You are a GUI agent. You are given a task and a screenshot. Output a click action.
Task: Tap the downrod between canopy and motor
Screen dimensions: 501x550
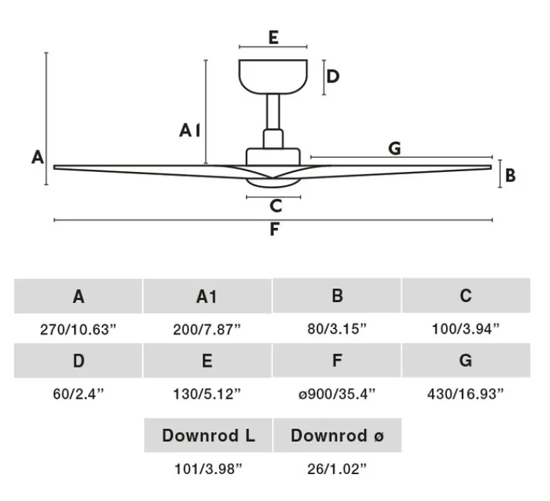tap(274, 111)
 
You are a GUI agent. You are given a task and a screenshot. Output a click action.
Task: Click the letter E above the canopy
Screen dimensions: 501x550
tap(274, 38)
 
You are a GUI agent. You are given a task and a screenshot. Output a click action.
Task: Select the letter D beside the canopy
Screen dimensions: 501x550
tap(333, 76)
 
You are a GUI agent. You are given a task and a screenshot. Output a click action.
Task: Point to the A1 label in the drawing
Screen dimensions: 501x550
tap(190, 130)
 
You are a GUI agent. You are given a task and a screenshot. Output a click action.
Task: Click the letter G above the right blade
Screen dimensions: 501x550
tap(395, 149)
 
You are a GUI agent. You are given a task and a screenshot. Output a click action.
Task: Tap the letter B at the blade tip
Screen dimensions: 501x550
tap(510, 175)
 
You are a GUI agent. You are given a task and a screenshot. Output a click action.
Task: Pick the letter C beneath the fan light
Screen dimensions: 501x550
tap(276, 207)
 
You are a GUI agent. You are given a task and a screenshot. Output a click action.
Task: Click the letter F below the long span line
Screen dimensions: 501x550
tap(274, 230)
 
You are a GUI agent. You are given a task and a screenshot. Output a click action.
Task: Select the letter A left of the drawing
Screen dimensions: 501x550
tap(38, 157)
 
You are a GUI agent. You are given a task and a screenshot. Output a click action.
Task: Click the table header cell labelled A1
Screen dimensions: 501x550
tap(207, 296)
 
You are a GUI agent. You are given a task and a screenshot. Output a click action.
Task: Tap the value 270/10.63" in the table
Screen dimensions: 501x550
tap(78, 329)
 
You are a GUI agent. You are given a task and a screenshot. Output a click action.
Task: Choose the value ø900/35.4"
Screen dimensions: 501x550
tap(337, 392)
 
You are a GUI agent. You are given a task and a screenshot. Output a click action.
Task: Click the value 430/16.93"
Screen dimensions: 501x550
tap(465, 392)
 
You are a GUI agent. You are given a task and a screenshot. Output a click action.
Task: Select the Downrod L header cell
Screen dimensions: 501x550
tap(207, 435)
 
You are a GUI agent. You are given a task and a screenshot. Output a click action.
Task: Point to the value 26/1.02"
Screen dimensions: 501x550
tap(337, 468)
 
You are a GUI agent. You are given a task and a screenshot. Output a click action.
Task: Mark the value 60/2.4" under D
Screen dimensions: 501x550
tap(78, 392)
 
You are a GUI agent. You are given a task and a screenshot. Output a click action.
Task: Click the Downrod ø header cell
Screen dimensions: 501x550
tap(337, 435)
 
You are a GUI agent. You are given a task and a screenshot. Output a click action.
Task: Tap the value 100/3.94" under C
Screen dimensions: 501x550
tap(465, 329)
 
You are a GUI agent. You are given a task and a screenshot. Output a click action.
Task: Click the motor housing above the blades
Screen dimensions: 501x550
tap(274, 156)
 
